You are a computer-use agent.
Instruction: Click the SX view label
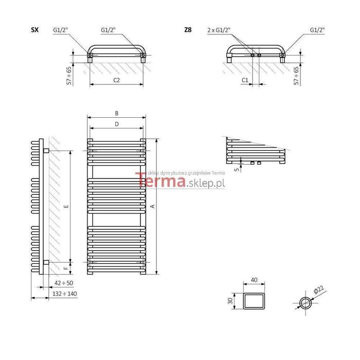point(34,30)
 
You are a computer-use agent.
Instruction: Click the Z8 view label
point(188,30)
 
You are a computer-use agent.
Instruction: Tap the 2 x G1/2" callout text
point(219,30)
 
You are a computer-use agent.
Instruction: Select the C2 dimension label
point(117,80)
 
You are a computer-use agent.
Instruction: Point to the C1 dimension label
point(245,80)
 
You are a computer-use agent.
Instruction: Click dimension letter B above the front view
point(117,113)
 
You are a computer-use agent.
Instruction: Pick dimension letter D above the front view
point(117,124)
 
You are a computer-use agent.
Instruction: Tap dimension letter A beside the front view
point(152,206)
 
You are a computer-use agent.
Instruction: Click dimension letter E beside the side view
point(66,206)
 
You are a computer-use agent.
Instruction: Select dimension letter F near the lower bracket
point(66,268)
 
